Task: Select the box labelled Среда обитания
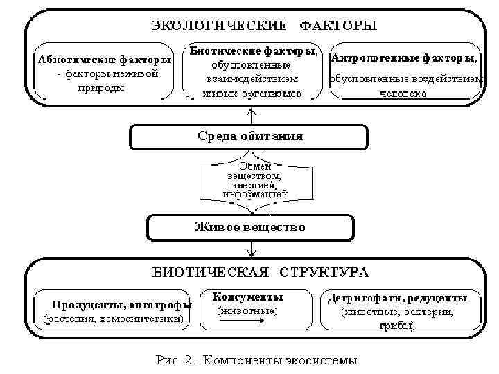click(x=250, y=136)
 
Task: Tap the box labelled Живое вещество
click(x=249, y=226)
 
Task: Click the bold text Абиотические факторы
click(x=105, y=60)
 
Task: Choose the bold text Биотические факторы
click(x=254, y=51)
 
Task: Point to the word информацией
click(x=251, y=195)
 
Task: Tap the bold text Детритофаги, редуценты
click(x=402, y=299)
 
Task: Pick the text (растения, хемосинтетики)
click(x=113, y=319)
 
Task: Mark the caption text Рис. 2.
click(x=175, y=360)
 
